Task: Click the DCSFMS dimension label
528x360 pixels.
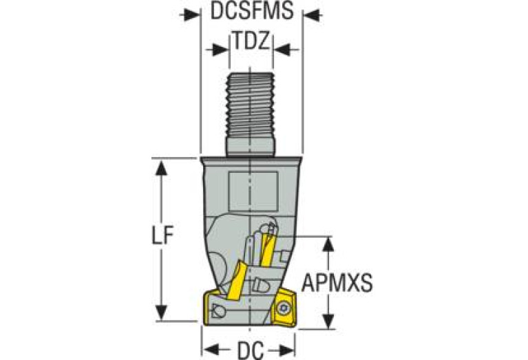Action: pos(252,12)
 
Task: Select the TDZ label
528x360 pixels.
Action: pos(251,41)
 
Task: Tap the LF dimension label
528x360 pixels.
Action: pos(162,235)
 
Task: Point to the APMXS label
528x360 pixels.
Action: pos(337,282)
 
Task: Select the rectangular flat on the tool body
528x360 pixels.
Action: pos(253,191)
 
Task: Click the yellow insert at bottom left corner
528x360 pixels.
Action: pos(209,309)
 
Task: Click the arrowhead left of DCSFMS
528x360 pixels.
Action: pos(190,14)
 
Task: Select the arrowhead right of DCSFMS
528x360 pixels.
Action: pos(313,14)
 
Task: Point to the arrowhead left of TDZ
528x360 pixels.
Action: pos(219,50)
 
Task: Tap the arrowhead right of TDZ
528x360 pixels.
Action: pos(282,50)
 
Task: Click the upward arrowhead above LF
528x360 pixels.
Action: pos(162,167)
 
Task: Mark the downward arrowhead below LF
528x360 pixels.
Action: pos(162,313)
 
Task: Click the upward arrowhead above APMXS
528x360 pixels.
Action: pos(328,244)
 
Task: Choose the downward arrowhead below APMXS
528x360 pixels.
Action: pos(328,321)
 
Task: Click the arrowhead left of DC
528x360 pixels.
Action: pos(212,350)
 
